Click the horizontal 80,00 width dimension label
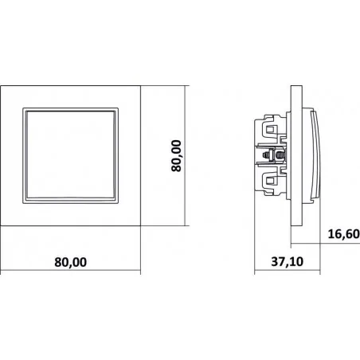pyautogui.click(x=71, y=262)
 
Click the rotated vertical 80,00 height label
pyautogui.click(x=176, y=156)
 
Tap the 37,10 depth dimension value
pyautogui.click(x=287, y=262)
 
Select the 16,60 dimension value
pyautogui.click(x=344, y=234)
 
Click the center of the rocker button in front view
pyautogui.click(x=71, y=155)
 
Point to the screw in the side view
pyautogui.click(x=274, y=155)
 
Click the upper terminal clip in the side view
pyautogui.click(x=271, y=129)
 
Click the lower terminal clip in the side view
pyautogui.click(x=271, y=182)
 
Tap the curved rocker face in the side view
pyautogui.click(x=316, y=156)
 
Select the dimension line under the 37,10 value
pyautogui.click(x=288, y=271)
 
